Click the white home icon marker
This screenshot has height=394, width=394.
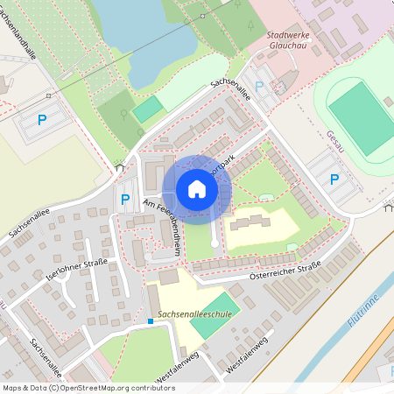point(197,188)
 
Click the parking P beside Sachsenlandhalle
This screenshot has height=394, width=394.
point(40,119)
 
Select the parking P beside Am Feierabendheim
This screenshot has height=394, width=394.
point(125,200)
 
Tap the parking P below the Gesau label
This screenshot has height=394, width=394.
point(334,179)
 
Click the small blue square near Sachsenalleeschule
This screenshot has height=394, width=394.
point(151,321)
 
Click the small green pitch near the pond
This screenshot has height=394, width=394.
point(148,109)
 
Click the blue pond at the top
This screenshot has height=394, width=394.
point(140,35)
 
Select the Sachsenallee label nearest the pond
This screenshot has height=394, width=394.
point(231,90)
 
